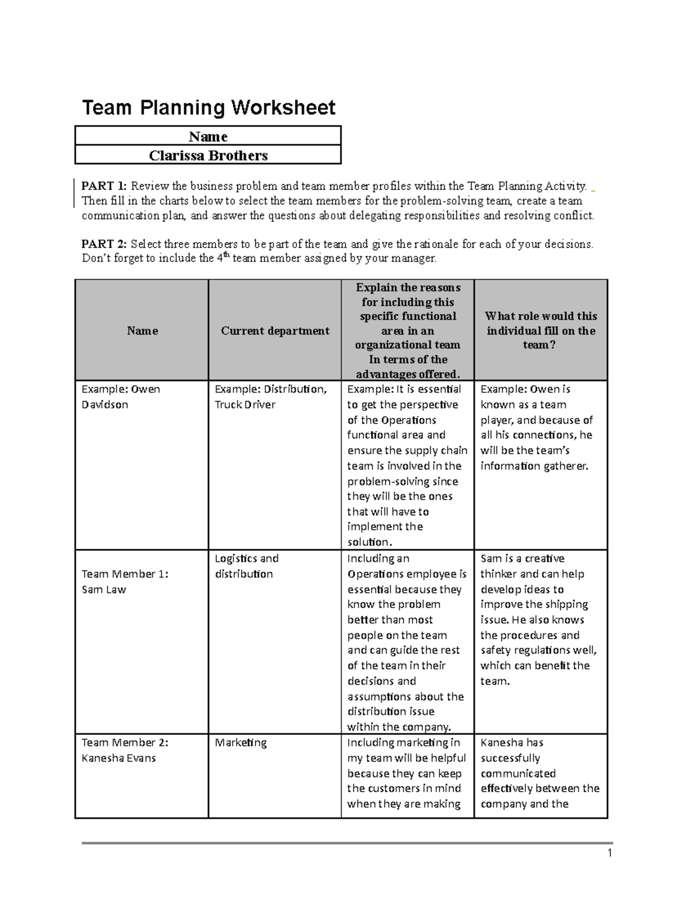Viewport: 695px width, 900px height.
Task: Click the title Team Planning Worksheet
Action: point(209,108)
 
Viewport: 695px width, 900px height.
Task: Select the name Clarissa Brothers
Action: point(208,155)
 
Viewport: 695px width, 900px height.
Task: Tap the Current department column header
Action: point(275,331)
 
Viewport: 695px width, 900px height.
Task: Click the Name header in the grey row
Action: point(142,331)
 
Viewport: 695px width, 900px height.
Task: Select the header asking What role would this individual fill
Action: point(540,330)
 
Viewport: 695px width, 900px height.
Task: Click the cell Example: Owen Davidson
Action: point(120,397)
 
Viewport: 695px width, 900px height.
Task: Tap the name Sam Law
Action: point(104,589)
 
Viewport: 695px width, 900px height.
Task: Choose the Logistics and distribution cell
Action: point(247,566)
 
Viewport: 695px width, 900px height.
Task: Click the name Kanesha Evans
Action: point(118,758)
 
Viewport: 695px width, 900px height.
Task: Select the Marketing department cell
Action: point(240,742)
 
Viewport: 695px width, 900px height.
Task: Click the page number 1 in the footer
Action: point(609,853)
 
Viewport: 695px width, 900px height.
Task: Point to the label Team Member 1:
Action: point(125,574)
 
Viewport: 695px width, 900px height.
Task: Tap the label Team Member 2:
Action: point(125,742)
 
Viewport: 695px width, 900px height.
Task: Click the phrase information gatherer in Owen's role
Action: point(534,466)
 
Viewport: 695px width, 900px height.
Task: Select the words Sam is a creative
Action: point(522,559)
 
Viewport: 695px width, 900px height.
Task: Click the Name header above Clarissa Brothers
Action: point(208,137)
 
